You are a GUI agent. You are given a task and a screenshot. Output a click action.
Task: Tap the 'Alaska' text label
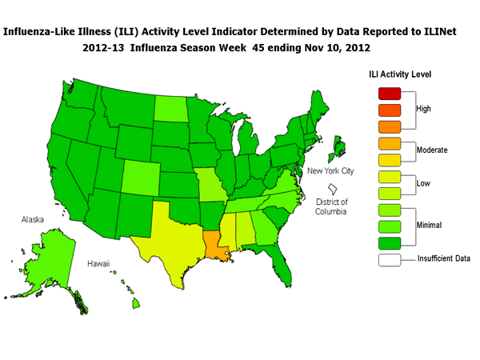click(x=33, y=217)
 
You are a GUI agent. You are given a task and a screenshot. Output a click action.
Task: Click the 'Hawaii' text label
click(x=99, y=262)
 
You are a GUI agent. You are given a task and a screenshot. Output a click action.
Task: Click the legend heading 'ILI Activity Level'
click(x=400, y=74)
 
